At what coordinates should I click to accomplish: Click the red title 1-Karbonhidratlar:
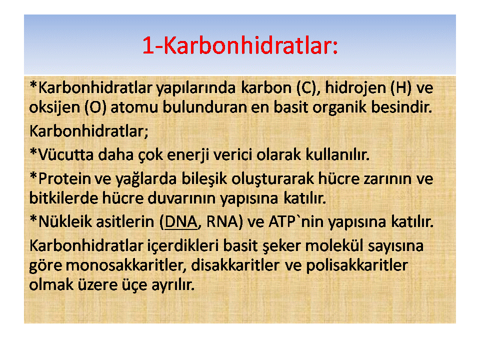[240, 45]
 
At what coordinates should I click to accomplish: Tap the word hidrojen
[355, 88]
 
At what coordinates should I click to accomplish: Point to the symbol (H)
[401, 88]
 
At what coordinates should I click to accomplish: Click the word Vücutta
[65, 154]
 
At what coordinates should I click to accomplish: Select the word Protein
[64, 178]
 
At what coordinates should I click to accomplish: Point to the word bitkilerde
[63, 198]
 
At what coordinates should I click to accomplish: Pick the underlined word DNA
[181, 221]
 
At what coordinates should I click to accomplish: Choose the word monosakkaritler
[126, 265]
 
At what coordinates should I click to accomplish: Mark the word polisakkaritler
[357, 265]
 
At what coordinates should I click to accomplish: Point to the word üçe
[134, 285]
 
